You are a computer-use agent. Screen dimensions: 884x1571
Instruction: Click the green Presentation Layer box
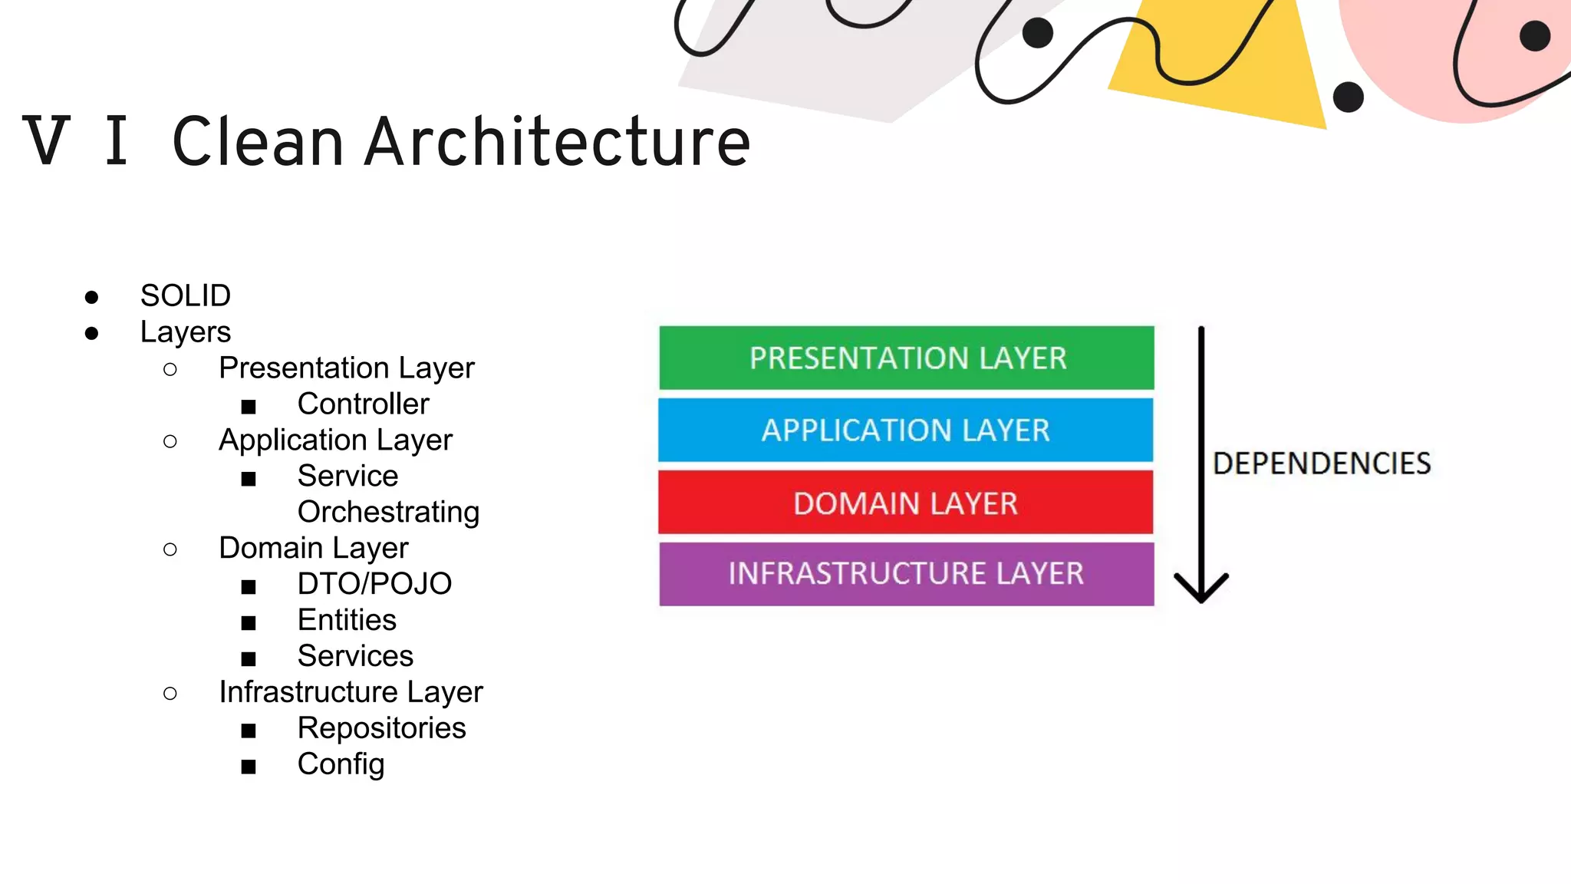pos(906,358)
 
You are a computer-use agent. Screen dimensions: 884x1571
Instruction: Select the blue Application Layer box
pos(905,430)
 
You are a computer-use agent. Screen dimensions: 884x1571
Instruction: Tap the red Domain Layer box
pos(905,503)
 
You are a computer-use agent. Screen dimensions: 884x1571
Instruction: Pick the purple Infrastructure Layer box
pos(906,574)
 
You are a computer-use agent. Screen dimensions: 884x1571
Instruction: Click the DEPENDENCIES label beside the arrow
pos(1321,463)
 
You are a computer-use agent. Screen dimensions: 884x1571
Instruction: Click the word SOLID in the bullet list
pos(185,295)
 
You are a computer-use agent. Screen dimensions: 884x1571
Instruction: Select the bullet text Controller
pos(363,404)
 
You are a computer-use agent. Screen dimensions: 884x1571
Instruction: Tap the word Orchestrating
pos(388,512)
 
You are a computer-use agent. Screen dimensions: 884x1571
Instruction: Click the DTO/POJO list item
pos(374,584)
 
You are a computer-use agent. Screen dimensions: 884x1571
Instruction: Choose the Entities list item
pos(347,620)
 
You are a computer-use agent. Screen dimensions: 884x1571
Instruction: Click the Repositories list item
pos(381,728)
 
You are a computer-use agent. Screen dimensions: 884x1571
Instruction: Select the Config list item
pos(341,764)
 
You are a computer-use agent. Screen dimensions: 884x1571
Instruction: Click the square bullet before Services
pos(248,658)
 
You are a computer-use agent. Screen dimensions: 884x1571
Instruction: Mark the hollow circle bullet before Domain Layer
pos(170,549)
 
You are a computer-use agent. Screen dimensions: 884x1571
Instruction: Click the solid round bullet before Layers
pos(92,333)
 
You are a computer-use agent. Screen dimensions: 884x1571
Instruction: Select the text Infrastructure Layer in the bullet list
pos(351,692)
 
